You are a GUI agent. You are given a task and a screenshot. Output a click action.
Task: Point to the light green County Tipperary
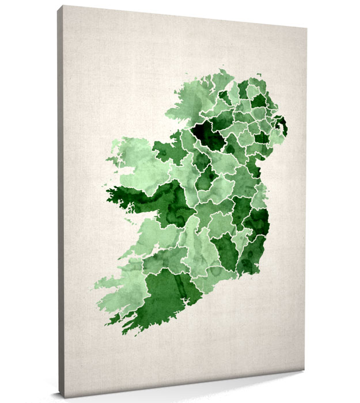[199, 242]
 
